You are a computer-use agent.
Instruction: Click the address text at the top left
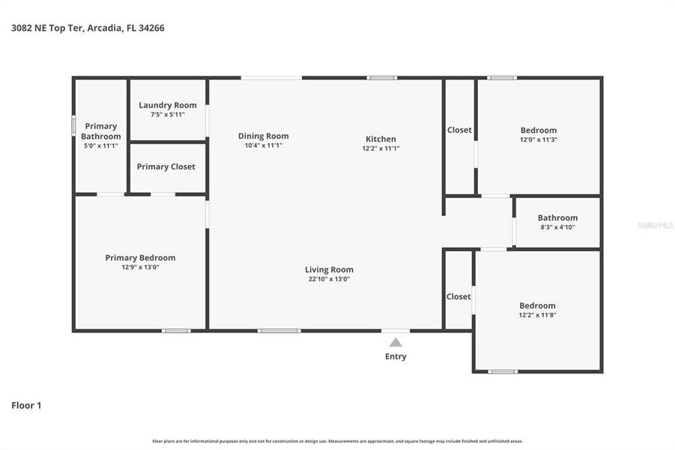coord(88,28)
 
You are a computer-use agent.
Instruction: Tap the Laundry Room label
coord(168,105)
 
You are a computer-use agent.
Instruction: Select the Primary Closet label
coord(166,166)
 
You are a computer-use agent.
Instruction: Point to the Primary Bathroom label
coord(100,131)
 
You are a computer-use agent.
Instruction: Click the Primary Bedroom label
coord(140,258)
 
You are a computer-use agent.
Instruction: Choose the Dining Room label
coord(263,136)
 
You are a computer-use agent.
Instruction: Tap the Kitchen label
coord(381,139)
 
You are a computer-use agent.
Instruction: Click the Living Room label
coord(329,269)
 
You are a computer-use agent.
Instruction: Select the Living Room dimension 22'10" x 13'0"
coord(329,279)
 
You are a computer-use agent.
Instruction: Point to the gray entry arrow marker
coord(396,342)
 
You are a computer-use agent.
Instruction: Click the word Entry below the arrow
coord(396,356)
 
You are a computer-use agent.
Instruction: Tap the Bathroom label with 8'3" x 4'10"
coord(557,217)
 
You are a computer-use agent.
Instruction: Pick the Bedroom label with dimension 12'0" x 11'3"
coord(539,130)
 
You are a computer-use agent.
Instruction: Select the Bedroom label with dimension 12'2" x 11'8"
coord(538,305)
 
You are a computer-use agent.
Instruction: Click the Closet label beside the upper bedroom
coord(459,130)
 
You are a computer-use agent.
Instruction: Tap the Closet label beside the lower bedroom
coord(458,296)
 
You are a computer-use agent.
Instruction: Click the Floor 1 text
coord(26,405)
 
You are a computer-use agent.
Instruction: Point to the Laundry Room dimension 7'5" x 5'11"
coord(168,115)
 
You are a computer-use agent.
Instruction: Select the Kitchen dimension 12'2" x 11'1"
coord(381,148)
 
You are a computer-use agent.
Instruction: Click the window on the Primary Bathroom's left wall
coord(73,125)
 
